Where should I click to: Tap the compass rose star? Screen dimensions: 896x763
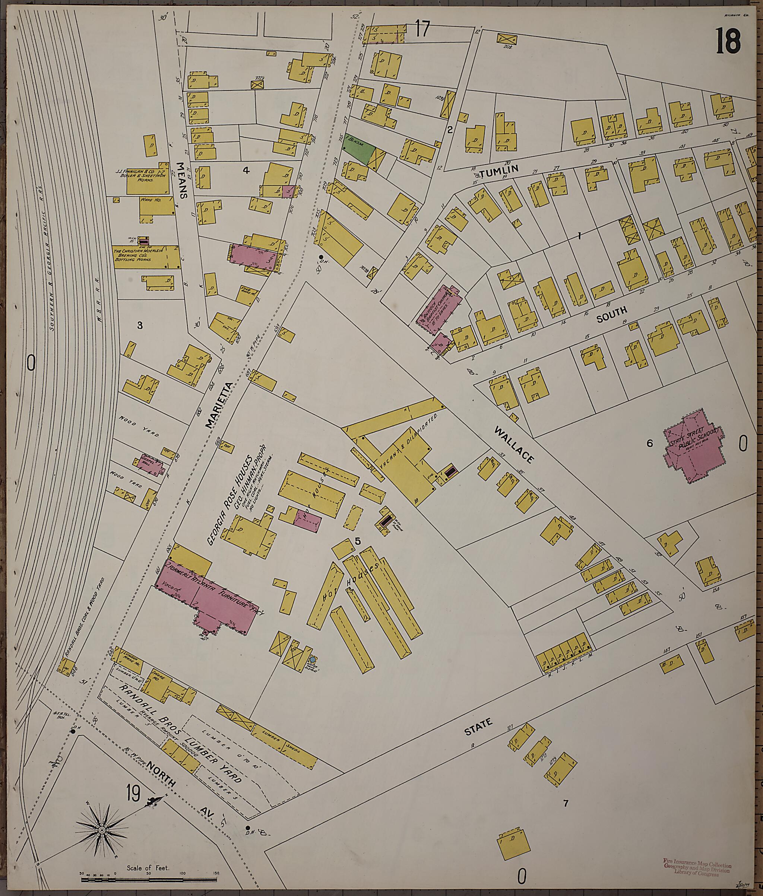click(x=102, y=831)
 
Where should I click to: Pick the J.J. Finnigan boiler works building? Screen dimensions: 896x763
click(x=147, y=179)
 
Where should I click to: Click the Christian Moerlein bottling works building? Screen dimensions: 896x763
click(x=146, y=257)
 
